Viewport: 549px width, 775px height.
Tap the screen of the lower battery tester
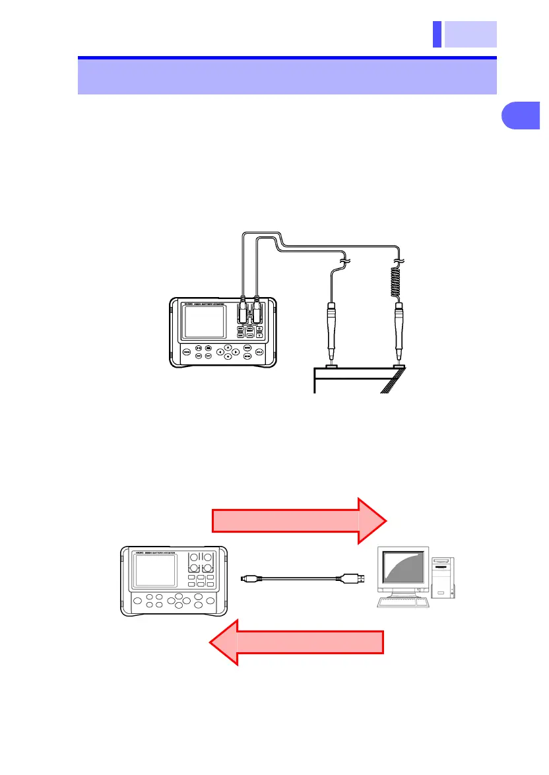click(x=155, y=570)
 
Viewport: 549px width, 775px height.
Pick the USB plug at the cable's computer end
click(x=348, y=578)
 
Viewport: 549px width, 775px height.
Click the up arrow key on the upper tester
click(x=228, y=347)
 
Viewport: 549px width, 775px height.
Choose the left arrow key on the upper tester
click(x=220, y=352)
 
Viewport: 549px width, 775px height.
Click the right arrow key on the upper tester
click(x=236, y=352)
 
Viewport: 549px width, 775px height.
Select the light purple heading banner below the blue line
click(x=287, y=77)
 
